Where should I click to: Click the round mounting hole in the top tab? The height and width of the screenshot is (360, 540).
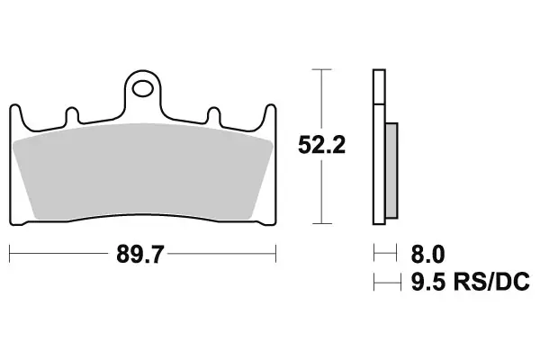142,88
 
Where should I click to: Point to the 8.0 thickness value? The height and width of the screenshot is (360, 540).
427,254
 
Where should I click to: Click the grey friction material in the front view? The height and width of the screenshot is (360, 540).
144,171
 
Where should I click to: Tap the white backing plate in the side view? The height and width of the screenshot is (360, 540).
375,144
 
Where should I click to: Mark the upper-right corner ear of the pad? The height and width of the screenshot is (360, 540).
269,112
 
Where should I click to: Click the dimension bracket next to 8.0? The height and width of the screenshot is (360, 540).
384,254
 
